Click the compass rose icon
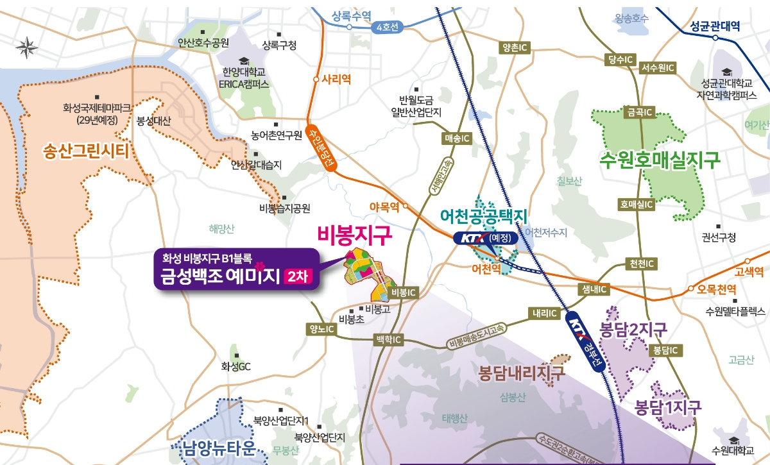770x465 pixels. pos(26,46)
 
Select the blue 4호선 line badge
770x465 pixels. pos(388,28)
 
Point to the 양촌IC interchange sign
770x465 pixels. pos(515,47)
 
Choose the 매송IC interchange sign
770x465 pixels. pos(457,138)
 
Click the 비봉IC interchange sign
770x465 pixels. pos(404,292)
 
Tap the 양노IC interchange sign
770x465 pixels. pos(322,329)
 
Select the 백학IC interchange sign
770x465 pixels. pos(389,339)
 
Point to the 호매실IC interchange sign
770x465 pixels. pos(636,204)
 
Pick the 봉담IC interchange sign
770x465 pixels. pos(664,350)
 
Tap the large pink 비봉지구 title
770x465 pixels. pos(355,236)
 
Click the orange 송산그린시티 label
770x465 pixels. pos(86,152)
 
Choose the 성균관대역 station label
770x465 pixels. pos(715,26)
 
